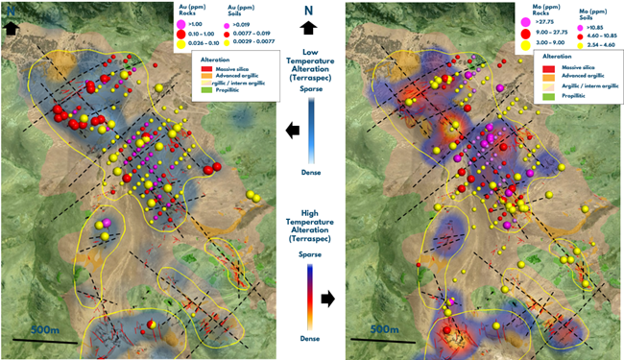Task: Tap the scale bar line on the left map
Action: tap(44, 341)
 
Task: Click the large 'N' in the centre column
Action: tap(308, 12)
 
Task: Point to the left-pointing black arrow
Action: tap(291, 130)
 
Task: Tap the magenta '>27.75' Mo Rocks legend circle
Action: tap(525, 19)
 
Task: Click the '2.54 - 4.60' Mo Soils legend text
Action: tap(600, 44)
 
